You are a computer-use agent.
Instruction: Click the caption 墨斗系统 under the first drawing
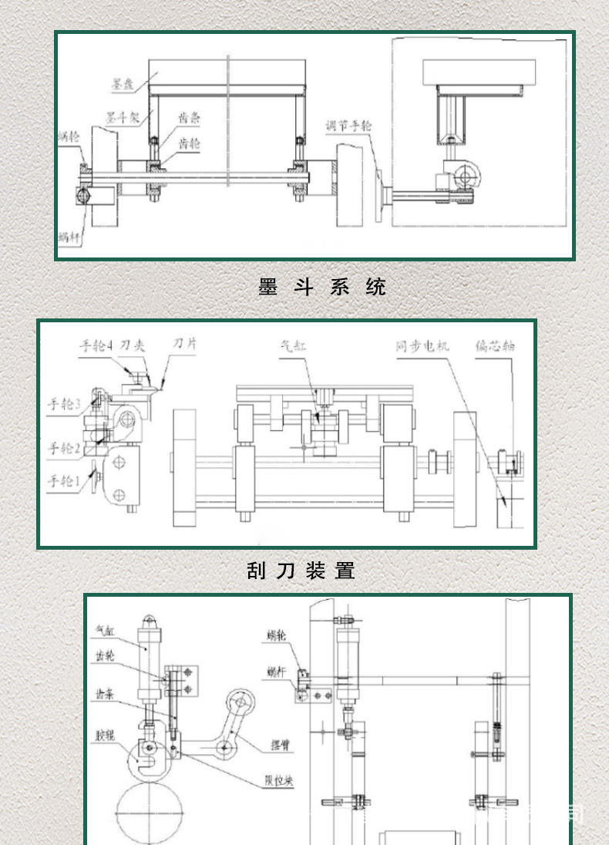(321, 287)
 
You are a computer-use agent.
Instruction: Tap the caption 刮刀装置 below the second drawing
(301, 571)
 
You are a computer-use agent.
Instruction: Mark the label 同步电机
(422, 346)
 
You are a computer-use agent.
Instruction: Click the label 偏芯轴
(494, 346)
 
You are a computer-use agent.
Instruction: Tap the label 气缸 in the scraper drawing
(294, 347)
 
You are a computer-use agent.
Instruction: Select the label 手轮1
(64, 481)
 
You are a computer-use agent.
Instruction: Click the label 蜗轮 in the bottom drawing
(276, 635)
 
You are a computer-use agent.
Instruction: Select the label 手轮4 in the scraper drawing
(97, 346)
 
